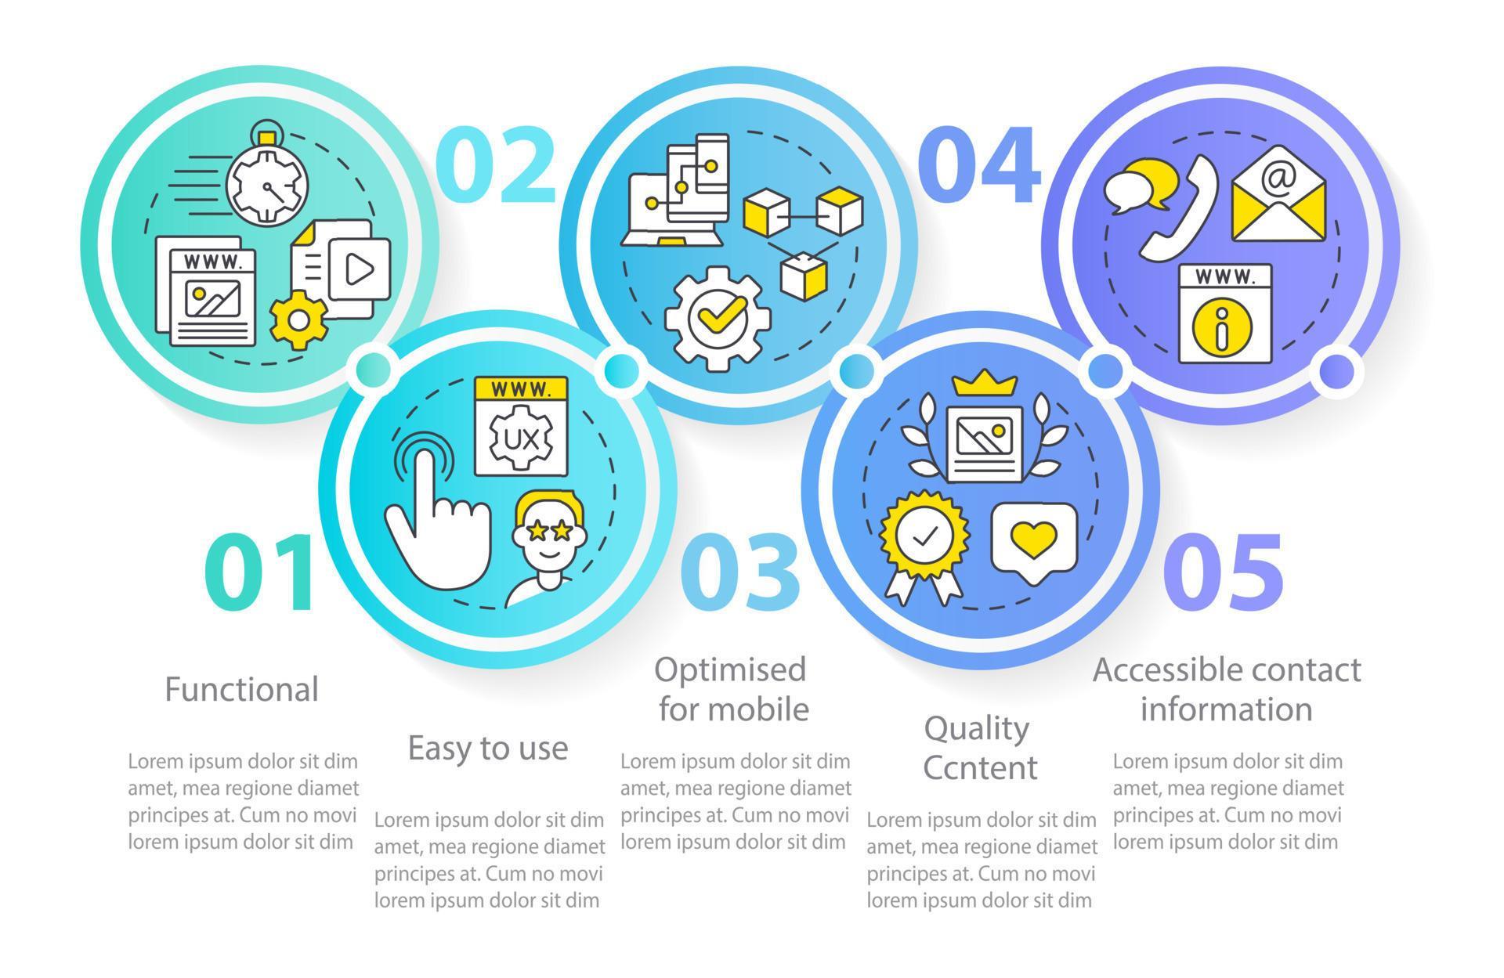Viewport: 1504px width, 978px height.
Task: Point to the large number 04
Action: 978,164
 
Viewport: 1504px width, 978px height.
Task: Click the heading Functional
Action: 241,690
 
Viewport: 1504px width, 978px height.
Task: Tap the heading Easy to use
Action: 487,748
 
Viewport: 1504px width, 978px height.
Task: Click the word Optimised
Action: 730,670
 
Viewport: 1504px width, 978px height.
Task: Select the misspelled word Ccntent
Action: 980,767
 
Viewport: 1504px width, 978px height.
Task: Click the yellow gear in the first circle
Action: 298,319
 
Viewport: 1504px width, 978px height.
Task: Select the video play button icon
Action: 360,269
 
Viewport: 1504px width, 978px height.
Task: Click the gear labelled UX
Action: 521,439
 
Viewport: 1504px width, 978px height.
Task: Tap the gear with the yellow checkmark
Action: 716,315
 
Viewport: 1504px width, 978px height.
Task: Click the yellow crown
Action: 985,384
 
